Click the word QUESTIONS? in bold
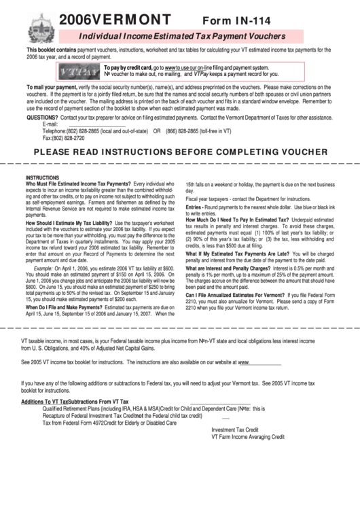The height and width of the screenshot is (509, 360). click(x=42, y=118)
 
